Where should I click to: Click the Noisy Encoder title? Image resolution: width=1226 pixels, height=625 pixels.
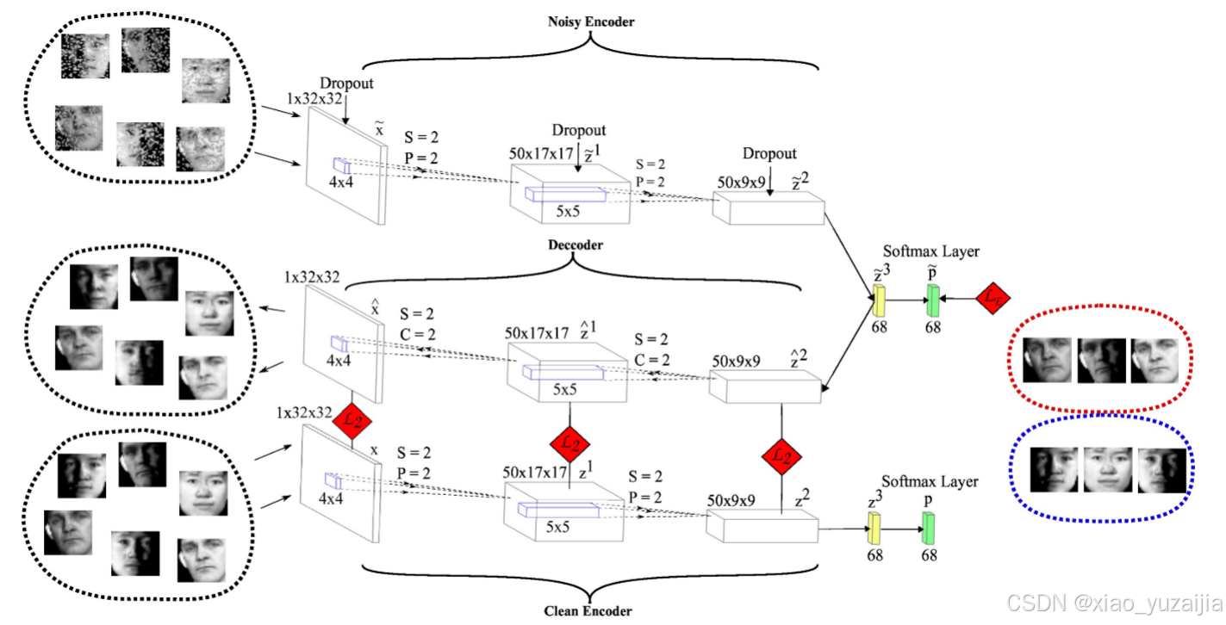591,21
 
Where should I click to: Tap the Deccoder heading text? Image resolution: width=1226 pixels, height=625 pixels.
576,245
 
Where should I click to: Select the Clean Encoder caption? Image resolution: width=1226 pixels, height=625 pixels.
588,611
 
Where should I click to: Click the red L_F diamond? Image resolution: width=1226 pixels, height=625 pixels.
993,298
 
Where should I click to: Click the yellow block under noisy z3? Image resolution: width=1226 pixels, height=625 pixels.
880,300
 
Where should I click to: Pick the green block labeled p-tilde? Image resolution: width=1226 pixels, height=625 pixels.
931,300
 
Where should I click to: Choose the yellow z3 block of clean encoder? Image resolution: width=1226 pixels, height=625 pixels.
875,527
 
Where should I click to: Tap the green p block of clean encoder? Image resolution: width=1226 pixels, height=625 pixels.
929,527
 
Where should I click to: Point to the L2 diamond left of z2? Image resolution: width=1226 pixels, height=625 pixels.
781,457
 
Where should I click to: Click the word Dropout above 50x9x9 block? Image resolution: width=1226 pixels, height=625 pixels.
769,153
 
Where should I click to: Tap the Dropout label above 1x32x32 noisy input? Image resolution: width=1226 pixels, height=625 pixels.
347,83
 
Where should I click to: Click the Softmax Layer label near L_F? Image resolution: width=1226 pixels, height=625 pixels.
930,251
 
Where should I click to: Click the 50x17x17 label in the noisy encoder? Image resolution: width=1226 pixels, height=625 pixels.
540,153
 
